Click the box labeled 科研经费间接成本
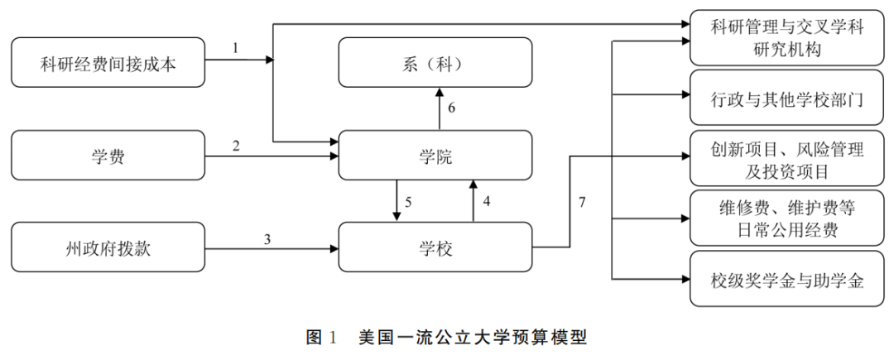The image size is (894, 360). (108, 62)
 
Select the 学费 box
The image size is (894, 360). (108, 155)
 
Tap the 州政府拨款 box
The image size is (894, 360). (108, 247)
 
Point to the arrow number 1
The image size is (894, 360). (235, 48)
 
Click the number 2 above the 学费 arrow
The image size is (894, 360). (235, 146)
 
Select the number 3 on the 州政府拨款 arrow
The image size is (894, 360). (267, 238)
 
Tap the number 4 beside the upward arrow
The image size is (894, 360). (487, 201)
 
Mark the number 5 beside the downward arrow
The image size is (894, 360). (408, 201)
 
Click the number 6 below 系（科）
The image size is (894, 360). (451, 108)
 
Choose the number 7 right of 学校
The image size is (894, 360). (582, 202)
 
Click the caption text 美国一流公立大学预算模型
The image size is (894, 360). (473, 338)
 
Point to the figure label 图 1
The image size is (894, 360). (322, 338)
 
